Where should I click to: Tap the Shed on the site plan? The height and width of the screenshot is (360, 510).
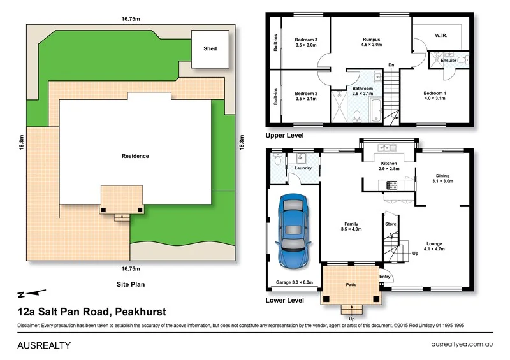(x=210, y=49)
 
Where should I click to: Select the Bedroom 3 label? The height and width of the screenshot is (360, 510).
(x=306, y=42)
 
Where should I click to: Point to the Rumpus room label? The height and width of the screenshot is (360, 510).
(x=371, y=42)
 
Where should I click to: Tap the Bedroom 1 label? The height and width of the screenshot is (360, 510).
(x=435, y=96)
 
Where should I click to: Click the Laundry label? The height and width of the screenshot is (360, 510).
(x=303, y=168)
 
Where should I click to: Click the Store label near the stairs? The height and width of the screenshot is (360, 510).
(x=390, y=224)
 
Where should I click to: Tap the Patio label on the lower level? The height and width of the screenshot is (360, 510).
(x=351, y=285)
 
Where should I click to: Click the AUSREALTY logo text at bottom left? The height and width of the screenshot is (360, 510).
(x=43, y=345)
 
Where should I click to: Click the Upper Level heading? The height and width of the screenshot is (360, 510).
(x=284, y=135)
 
